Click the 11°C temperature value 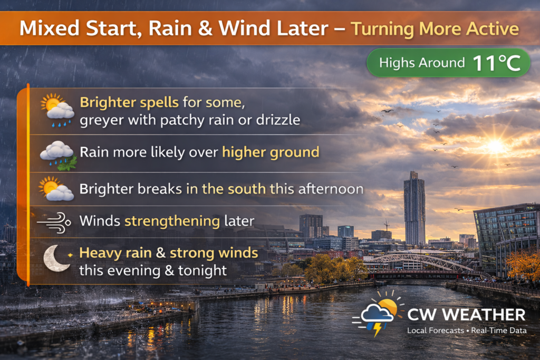(x=496, y=63)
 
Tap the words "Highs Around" (x=422, y=63)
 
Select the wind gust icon (x=54, y=222)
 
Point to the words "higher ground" (x=271, y=152)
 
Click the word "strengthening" (x=172, y=221)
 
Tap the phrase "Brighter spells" (x=129, y=102)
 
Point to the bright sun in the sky (x=496, y=145)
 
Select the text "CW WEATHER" (x=466, y=315)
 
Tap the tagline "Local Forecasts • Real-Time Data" (x=467, y=330)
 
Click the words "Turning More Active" (x=435, y=28)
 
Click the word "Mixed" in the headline (x=50, y=28)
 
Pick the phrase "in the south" (x=226, y=189)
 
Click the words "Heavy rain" (x=115, y=253)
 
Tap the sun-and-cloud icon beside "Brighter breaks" (x=56, y=189)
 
